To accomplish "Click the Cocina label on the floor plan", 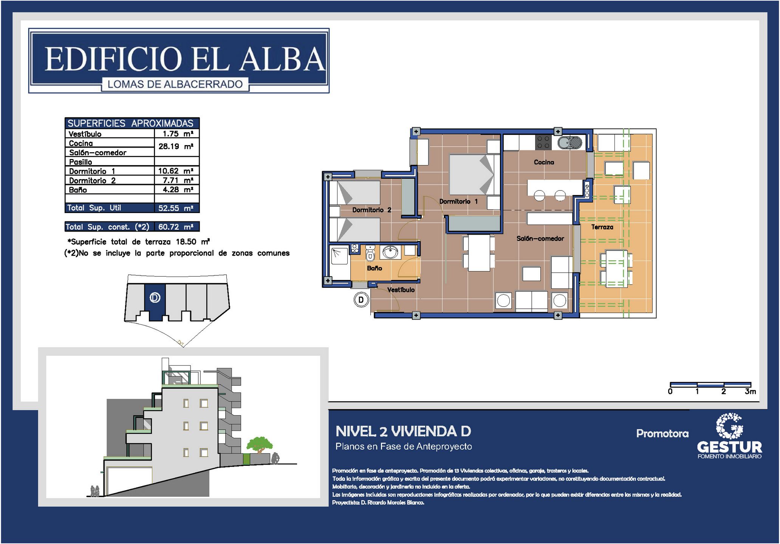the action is [544, 162].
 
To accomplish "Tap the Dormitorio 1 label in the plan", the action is [458, 201].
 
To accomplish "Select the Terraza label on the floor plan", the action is [602, 227].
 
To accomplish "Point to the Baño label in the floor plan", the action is [374, 268].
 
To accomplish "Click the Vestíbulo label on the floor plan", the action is [401, 290].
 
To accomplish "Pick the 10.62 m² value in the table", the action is [176, 171].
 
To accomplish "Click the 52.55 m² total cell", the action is [176, 208].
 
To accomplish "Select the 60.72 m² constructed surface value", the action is [176, 227].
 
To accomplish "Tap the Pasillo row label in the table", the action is [80, 162].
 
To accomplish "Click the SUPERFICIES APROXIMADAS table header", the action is [130, 123].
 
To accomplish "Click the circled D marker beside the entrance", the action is [361, 300].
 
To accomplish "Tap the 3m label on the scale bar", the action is [751, 391].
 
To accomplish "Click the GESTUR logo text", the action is [729, 447].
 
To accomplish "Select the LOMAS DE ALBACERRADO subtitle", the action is [175, 84].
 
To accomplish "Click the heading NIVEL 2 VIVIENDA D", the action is [403, 431].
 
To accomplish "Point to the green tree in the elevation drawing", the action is [260, 445].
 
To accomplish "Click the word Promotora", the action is [662, 433].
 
